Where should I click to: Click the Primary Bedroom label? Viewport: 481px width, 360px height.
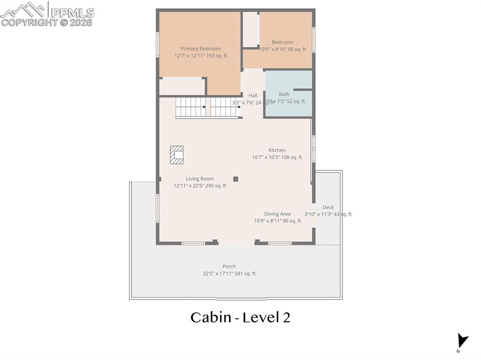pos(201,48)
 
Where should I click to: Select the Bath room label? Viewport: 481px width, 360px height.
pos(284,94)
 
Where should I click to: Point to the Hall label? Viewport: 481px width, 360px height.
pos(253,95)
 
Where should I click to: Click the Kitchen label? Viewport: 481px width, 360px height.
pos(277,150)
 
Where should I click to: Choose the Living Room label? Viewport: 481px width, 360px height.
pos(200,178)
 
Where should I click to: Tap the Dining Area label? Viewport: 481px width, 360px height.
pos(277,214)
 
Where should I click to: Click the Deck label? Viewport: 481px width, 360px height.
pos(328,207)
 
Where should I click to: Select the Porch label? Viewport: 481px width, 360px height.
pos(229,266)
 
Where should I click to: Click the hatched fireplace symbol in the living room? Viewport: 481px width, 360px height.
pos(177,155)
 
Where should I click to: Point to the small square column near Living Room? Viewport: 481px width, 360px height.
pos(236,179)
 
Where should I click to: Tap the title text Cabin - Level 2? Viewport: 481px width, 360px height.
pos(240,318)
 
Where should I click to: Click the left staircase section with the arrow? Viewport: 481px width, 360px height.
pos(191,107)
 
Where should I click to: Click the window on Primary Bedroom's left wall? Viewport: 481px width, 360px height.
pos(158,45)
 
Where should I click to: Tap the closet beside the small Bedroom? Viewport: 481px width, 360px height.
pos(250,29)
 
